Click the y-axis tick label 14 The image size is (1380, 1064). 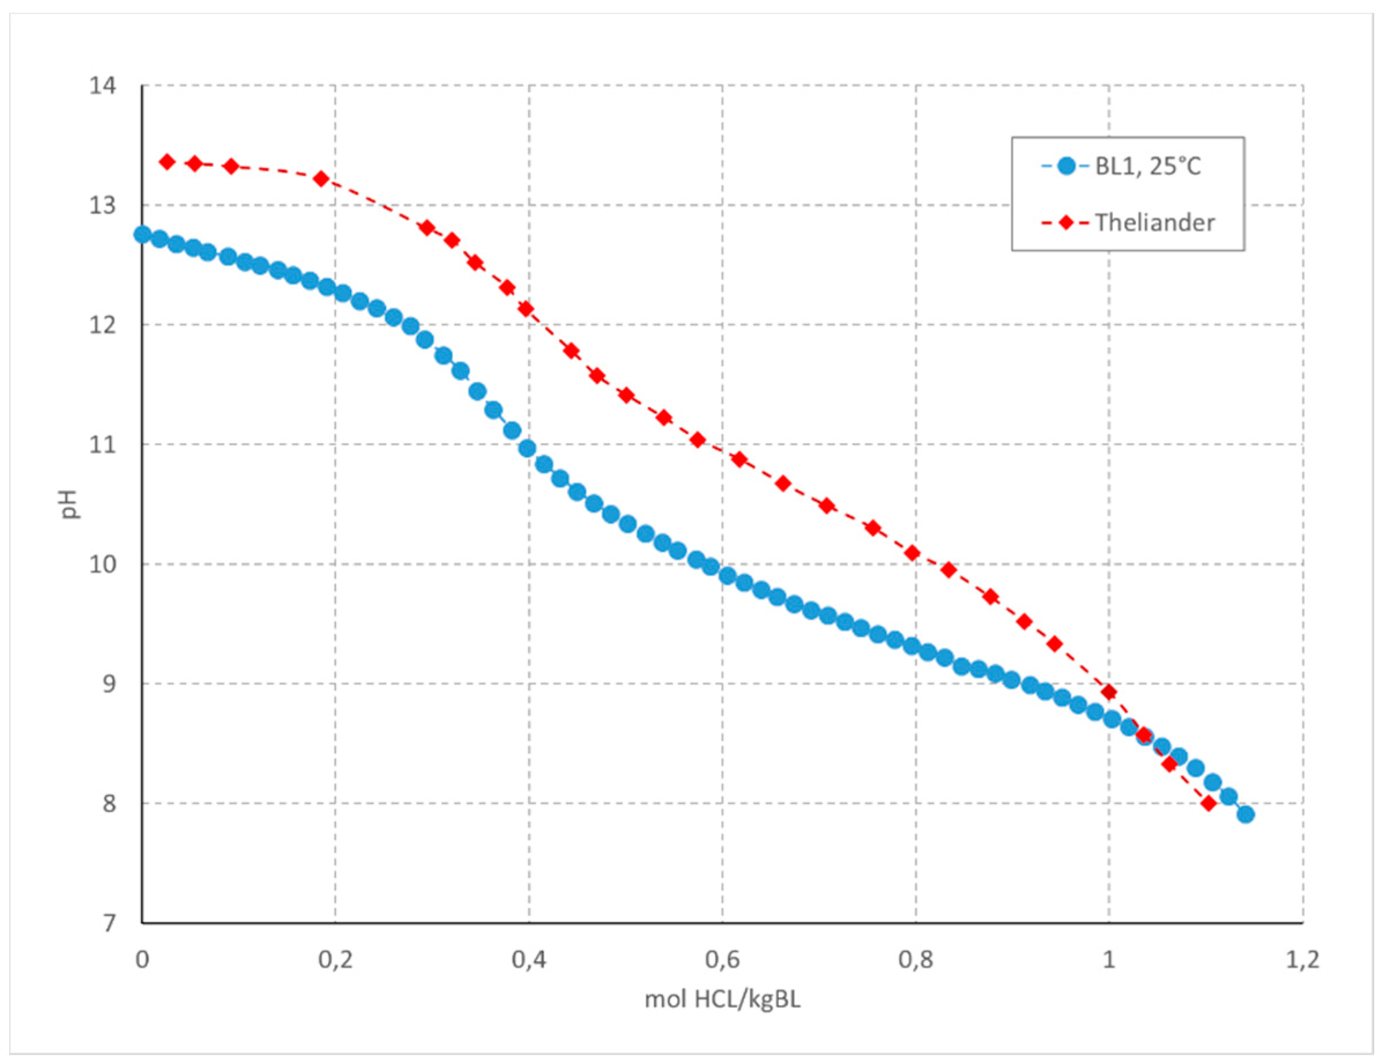102,85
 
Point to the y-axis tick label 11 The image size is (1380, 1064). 102,444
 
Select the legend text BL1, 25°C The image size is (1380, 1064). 1147,167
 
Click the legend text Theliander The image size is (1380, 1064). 1154,222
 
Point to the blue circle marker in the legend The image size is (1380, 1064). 1066,167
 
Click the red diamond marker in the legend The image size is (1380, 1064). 1066,222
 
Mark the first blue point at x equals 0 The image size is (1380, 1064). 143,235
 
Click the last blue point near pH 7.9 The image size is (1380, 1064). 1245,814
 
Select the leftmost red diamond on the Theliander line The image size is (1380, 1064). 168,162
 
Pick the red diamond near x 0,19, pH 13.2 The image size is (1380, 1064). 321,179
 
